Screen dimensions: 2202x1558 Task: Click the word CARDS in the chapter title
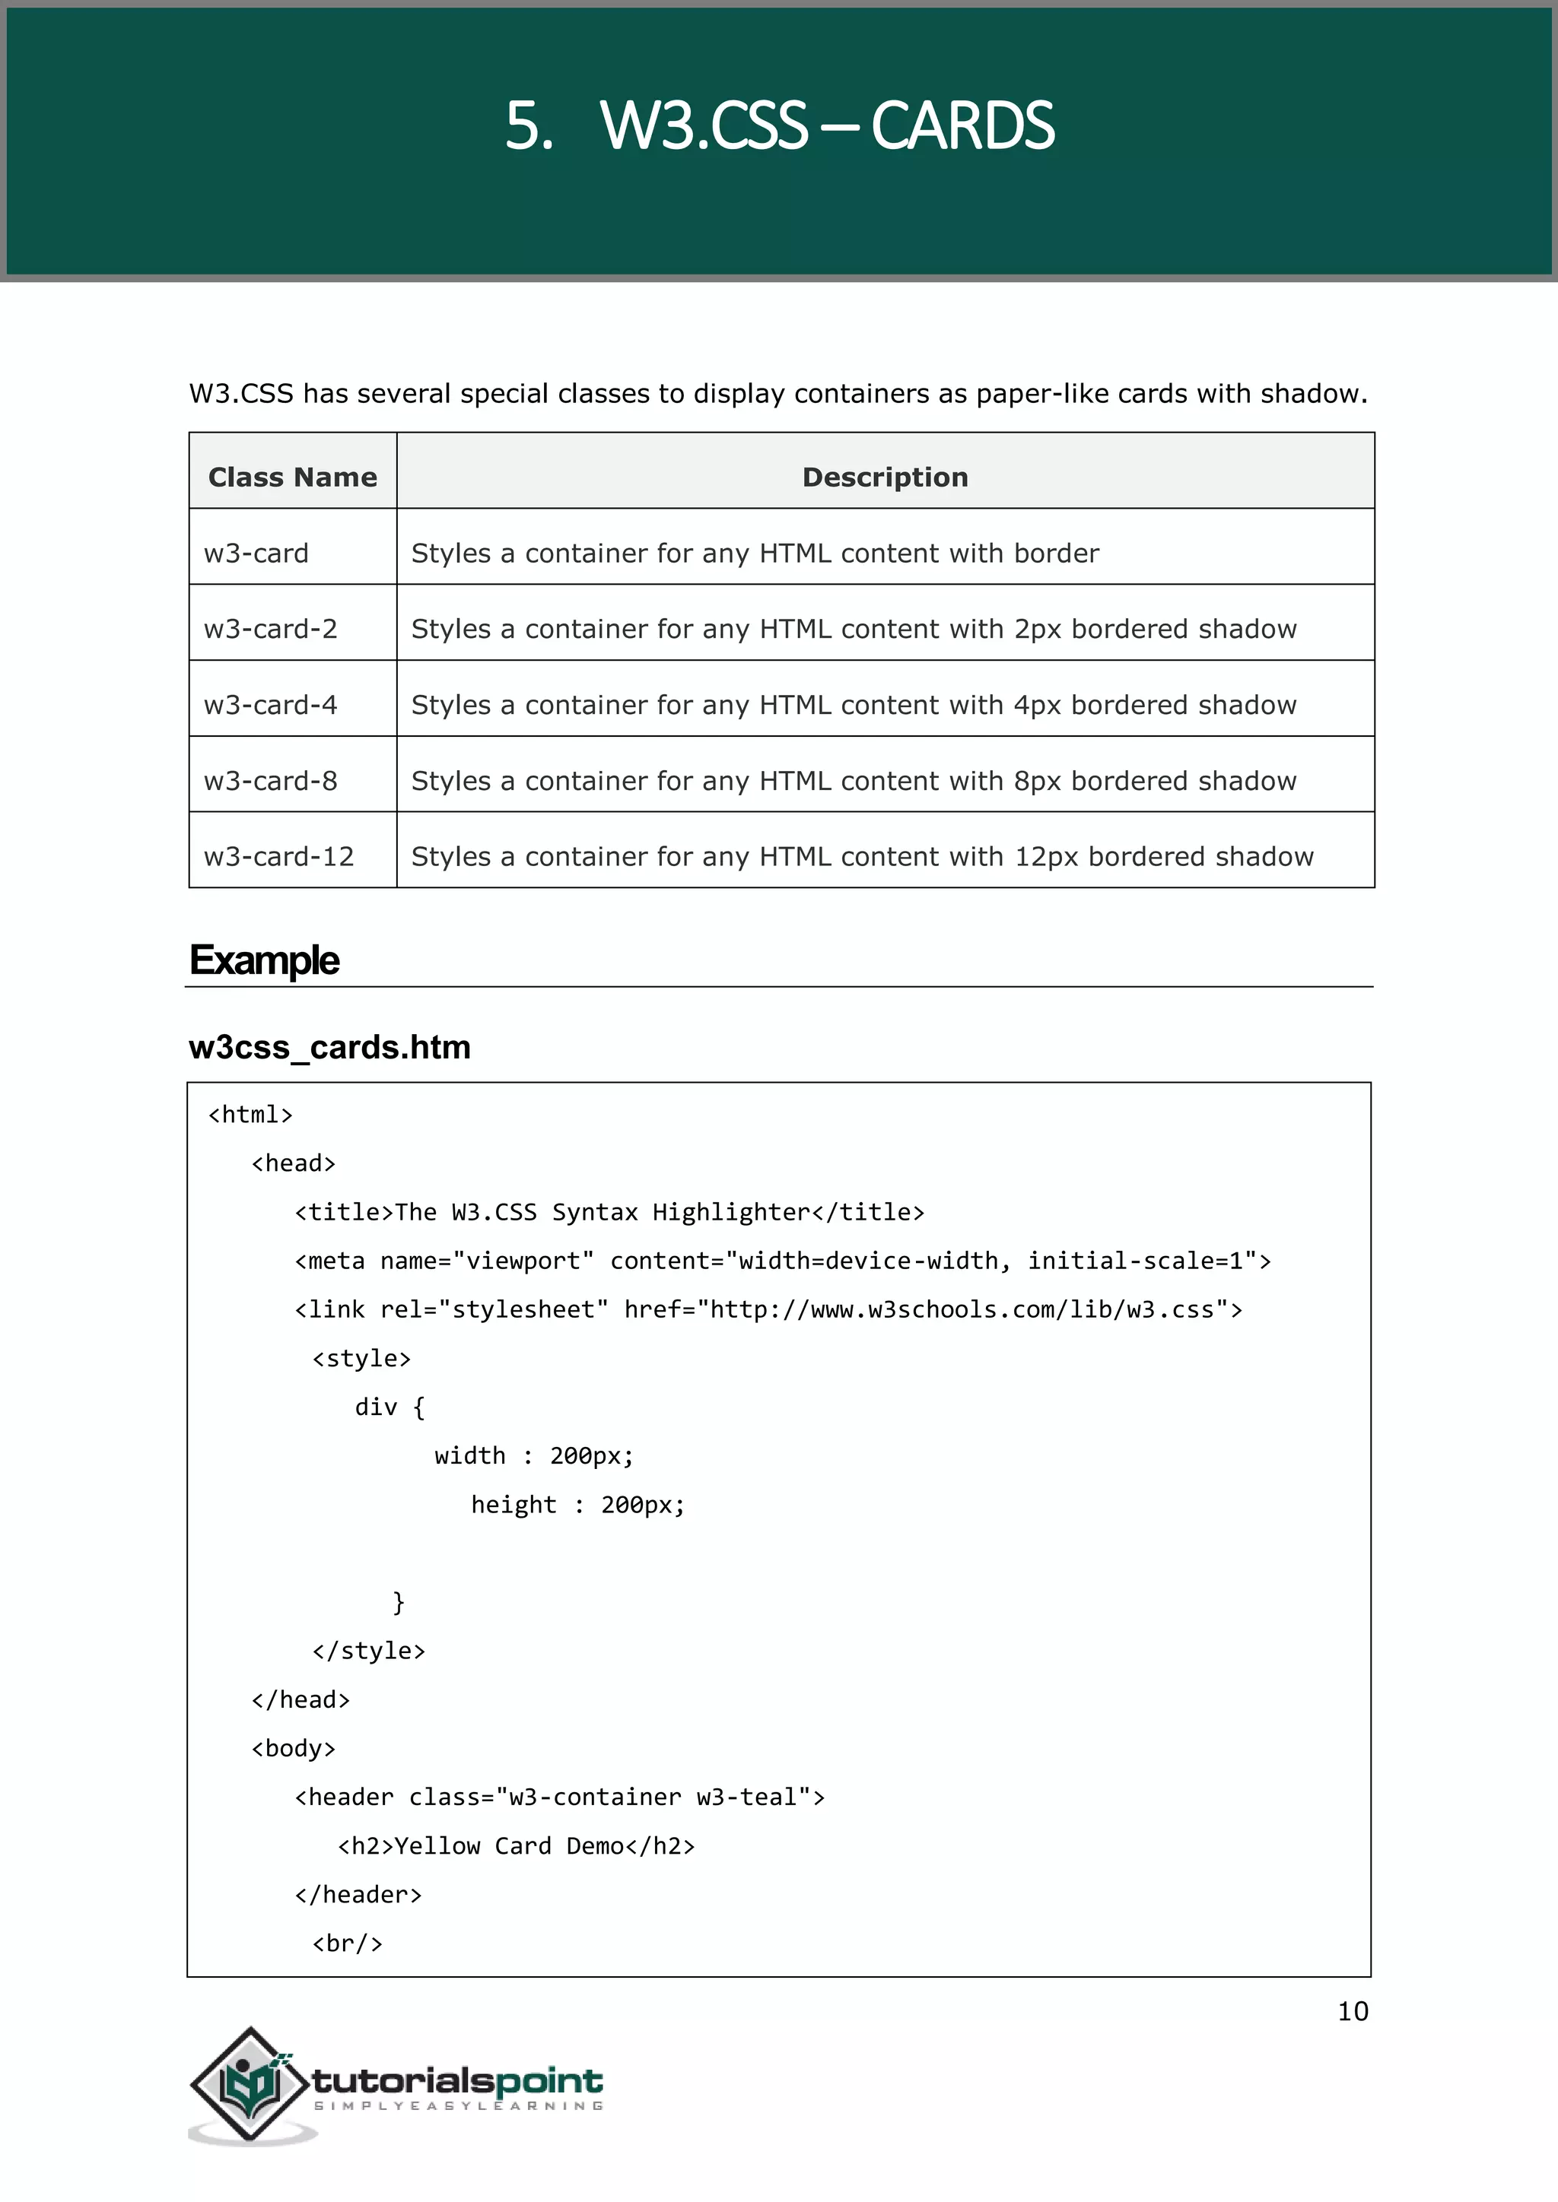pyautogui.click(x=962, y=125)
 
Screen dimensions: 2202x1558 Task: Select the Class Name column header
pyautogui.click(x=293, y=477)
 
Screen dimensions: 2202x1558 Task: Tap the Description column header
pyautogui.click(x=885, y=477)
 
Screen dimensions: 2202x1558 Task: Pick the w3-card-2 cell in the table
pyautogui.click(x=271, y=629)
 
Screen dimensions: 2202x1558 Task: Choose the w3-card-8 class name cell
pyautogui.click(x=271, y=781)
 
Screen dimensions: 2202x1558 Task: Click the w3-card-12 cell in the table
pyautogui.click(x=279, y=856)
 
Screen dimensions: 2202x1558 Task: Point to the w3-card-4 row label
pyautogui.click(x=271, y=705)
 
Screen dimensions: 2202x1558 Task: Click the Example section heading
pyautogui.click(x=265, y=960)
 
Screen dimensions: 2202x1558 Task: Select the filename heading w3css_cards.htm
pyautogui.click(x=330, y=1047)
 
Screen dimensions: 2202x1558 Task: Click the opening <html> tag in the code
pyautogui.click(x=250, y=1115)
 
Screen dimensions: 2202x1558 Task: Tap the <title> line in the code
pyautogui.click(x=609, y=1212)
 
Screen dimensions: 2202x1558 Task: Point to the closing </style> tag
pyautogui.click(x=368, y=1651)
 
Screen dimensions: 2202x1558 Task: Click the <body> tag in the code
pyautogui.click(x=294, y=1748)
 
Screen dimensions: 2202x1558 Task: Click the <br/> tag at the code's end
pyautogui.click(x=348, y=1944)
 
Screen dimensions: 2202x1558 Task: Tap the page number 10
pyautogui.click(x=1353, y=2011)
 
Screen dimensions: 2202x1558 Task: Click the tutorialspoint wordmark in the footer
pyautogui.click(x=458, y=2081)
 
